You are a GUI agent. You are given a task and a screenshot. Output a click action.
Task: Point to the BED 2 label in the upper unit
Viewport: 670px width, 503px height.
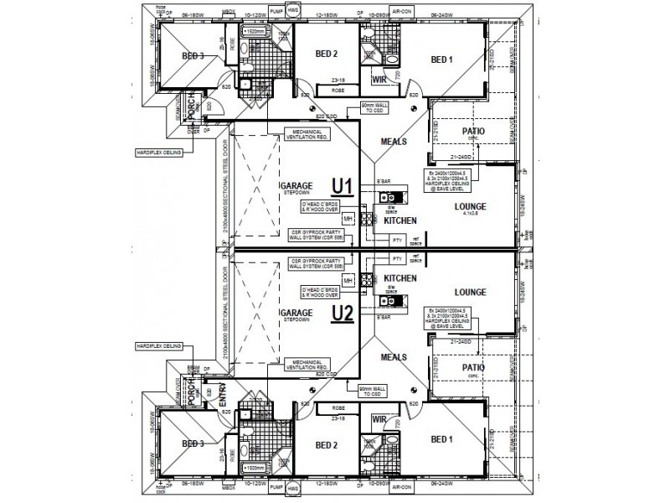(x=326, y=54)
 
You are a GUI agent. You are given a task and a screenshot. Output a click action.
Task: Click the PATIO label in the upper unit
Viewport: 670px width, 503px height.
(x=473, y=132)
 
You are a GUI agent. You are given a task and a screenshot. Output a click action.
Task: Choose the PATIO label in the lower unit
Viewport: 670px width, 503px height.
(x=473, y=366)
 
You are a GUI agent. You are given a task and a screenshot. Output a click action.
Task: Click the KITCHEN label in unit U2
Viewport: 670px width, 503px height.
(x=399, y=277)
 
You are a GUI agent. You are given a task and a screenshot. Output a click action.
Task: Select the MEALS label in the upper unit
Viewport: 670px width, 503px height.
(x=394, y=142)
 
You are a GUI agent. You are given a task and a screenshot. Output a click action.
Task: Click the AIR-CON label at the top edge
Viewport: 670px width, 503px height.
(x=402, y=12)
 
